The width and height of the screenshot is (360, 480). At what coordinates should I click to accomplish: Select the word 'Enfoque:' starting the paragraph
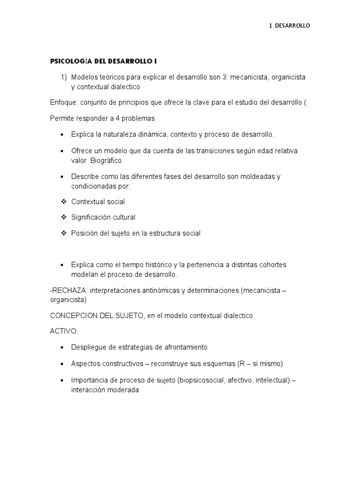coord(63,102)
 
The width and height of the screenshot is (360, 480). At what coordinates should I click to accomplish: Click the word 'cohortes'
coord(271,265)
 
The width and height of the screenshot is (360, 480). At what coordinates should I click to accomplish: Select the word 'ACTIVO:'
coord(64,331)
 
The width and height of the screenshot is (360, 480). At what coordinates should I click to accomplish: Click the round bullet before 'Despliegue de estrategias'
coord(63,348)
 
